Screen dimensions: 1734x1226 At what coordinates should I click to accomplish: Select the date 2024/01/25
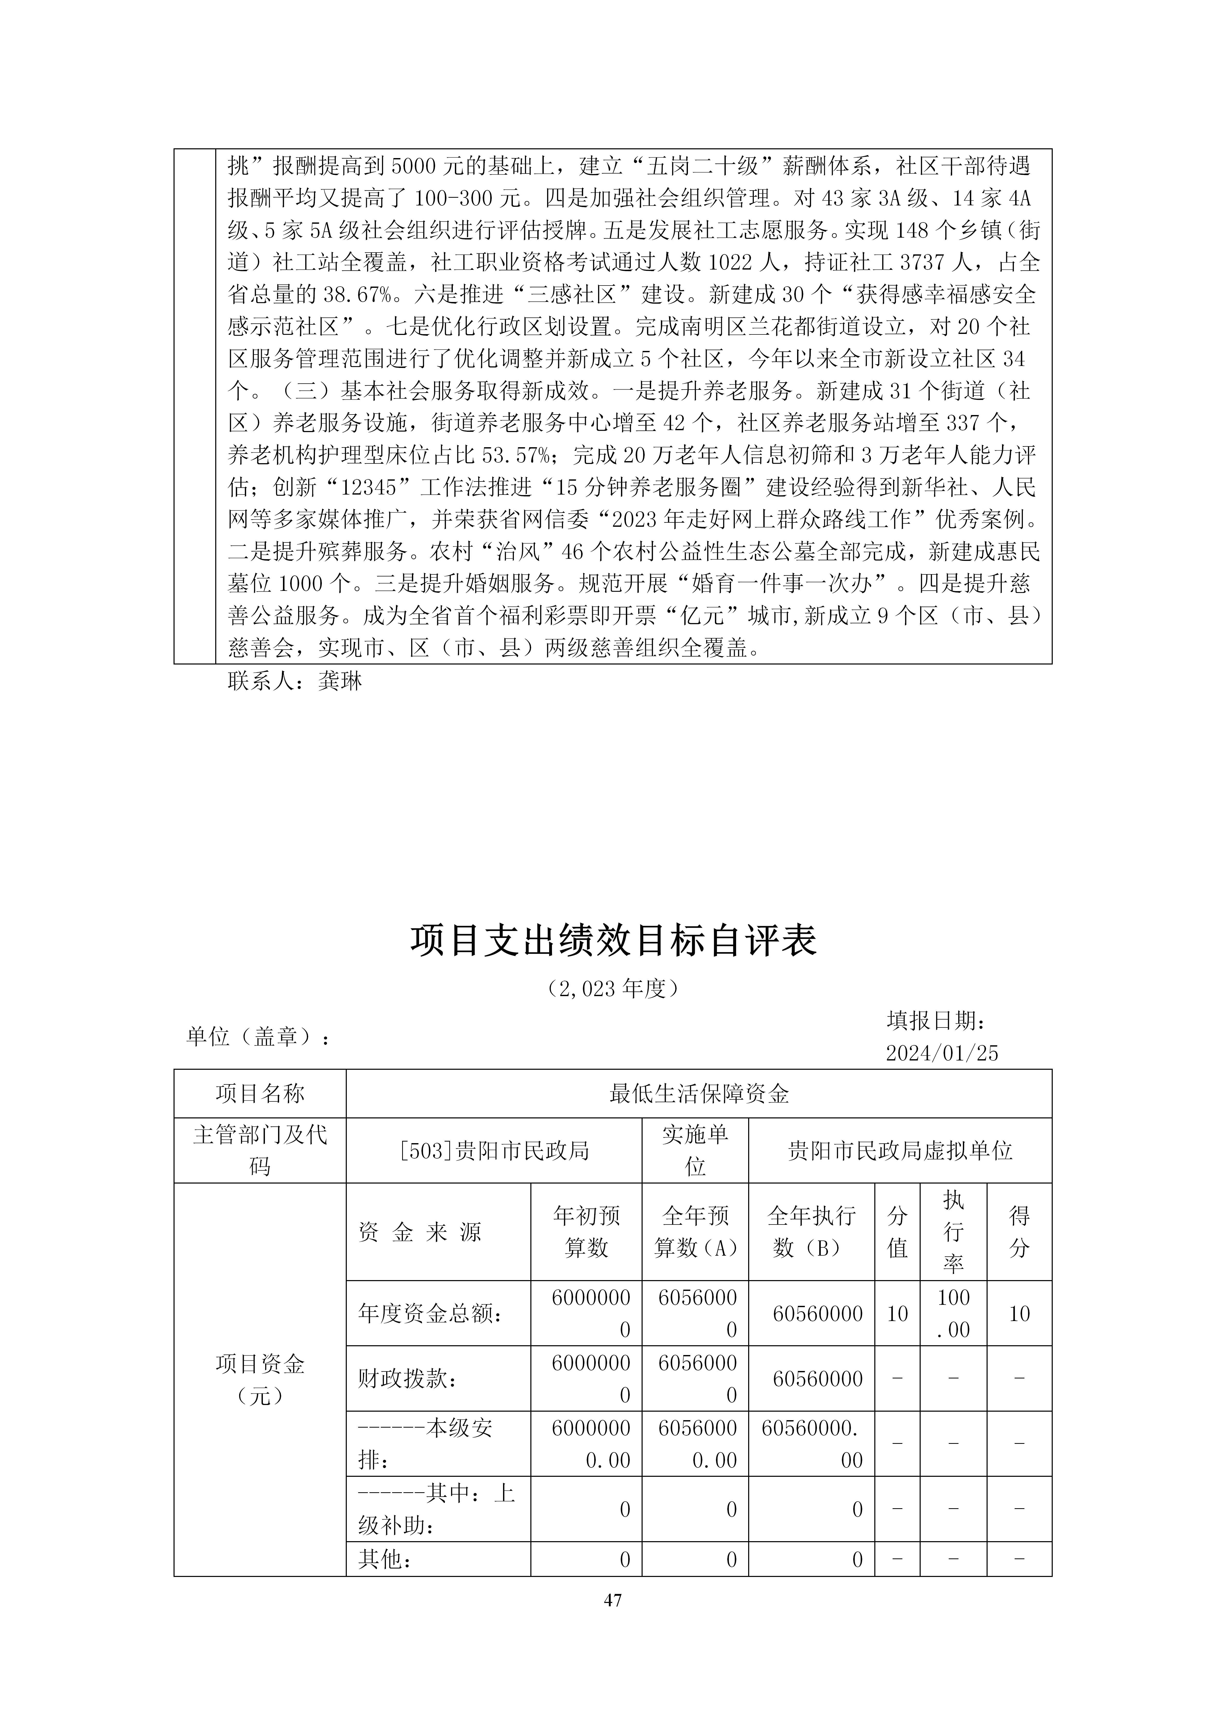942,1054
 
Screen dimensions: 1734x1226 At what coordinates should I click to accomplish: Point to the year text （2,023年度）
613,989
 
